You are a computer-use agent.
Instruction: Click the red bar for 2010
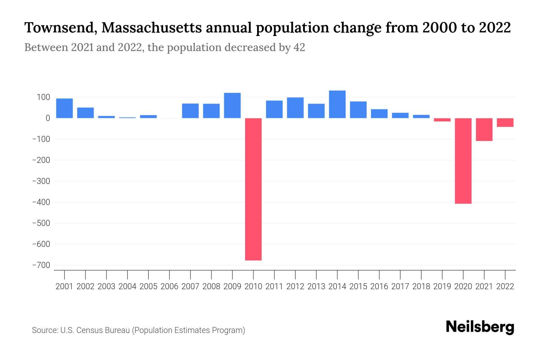[253, 189]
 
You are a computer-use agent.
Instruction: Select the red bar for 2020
[463, 161]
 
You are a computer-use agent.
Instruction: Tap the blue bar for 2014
[337, 104]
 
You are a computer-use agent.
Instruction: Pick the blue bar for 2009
[232, 105]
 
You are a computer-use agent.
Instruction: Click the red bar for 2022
[505, 122]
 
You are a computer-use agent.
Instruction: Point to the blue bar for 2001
[64, 108]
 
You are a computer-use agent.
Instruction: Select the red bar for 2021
[484, 129]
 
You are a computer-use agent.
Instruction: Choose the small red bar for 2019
[442, 120]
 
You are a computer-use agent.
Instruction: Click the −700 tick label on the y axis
[41, 265]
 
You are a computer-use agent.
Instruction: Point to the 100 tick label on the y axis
[43, 97]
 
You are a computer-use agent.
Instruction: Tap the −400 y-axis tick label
[41, 202]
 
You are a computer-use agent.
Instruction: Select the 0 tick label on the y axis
[47, 118]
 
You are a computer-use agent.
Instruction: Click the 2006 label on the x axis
[169, 286]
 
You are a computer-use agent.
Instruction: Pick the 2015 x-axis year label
[358, 286]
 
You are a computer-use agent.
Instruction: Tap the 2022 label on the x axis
[505, 286]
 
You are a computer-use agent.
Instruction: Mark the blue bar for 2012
[295, 108]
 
